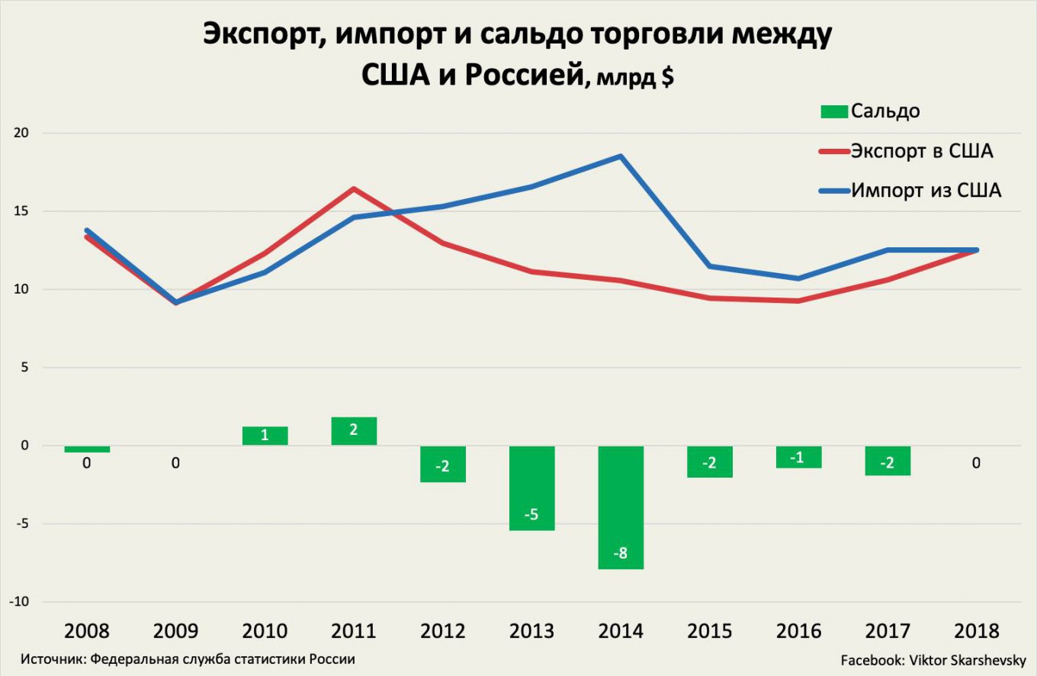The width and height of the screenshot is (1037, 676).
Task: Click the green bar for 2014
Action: (x=621, y=507)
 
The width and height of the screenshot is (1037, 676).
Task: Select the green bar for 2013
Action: (x=532, y=488)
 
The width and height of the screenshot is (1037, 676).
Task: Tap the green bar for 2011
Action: (x=354, y=431)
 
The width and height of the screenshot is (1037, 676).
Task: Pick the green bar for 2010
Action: (x=265, y=436)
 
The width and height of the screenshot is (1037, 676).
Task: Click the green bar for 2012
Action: (x=443, y=464)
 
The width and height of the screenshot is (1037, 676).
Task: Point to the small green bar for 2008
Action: (x=87, y=449)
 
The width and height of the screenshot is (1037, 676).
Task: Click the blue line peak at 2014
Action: (x=621, y=156)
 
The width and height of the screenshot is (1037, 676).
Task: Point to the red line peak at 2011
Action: (x=354, y=188)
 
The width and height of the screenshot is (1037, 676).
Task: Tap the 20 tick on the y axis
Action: (x=24, y=134)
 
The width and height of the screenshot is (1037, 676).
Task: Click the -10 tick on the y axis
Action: (x=21, y=602)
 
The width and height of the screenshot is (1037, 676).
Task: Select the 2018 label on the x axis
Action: (x=976, y=632)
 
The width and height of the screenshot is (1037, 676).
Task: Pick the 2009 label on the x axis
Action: (x=176, y=632)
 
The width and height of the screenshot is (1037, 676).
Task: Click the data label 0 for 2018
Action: (x=976, y=463)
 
